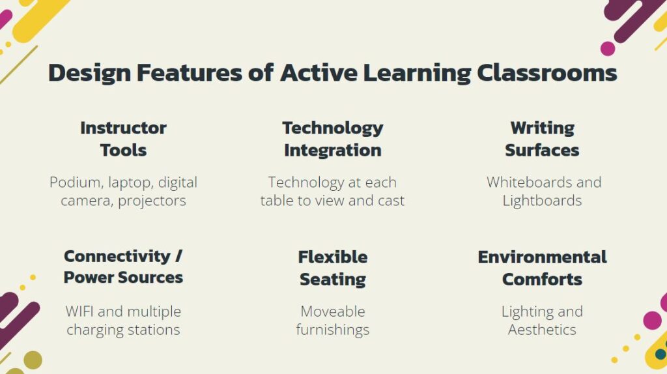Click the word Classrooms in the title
point(546,72)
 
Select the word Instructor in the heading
point(123,128)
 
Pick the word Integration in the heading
point(332,150)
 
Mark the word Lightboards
point(542,201)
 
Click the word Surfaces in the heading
point(542,150)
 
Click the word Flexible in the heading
point(332,257)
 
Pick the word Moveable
point(332,311)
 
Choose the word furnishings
point(332,330)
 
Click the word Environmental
point(542,257)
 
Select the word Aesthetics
point(542,330)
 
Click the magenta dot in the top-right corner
point(608,48)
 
